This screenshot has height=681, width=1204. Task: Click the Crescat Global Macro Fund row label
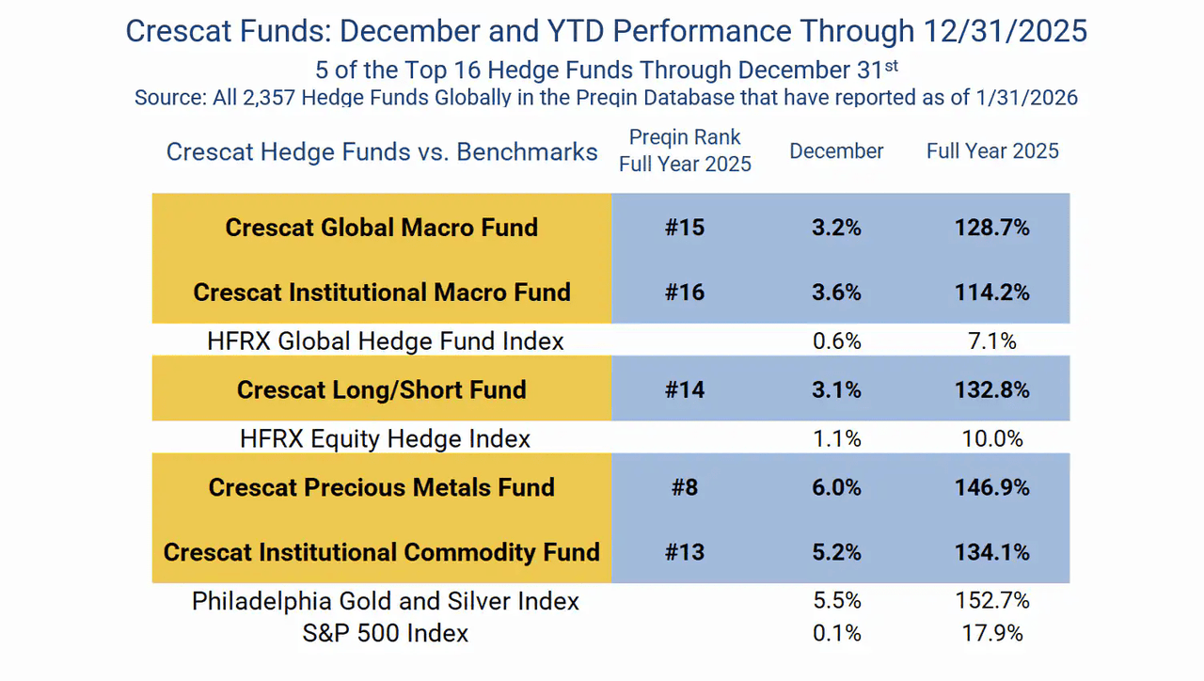(381, 228)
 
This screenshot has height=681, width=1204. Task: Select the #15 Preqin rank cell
(685, 228)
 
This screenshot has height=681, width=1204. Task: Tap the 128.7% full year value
(992, 228)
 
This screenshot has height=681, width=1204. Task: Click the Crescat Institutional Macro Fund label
(381, 293)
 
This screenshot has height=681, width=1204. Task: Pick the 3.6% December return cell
(836, 293)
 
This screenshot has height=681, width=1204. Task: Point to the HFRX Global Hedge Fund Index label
(386, 340)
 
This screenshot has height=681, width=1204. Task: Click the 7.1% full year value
(992, 340)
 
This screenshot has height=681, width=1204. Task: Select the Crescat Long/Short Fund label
(381, 390)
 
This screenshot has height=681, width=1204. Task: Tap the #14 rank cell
(685, 390)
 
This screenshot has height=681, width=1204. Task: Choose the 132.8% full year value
(992, 390)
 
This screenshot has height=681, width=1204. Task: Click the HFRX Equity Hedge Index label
(386, 438)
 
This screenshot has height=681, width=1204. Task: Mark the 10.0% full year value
(992, 438)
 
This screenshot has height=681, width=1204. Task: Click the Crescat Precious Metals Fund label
(381, 487)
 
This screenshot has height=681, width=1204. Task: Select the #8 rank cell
(685, 487)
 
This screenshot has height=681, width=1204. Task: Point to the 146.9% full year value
(992, 487)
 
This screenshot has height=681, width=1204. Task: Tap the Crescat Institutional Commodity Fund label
(381, 552)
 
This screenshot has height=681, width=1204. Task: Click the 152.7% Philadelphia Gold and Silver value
(992, 600)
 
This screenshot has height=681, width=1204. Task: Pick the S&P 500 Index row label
(386, 633)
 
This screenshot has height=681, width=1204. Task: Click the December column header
(836, 151)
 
